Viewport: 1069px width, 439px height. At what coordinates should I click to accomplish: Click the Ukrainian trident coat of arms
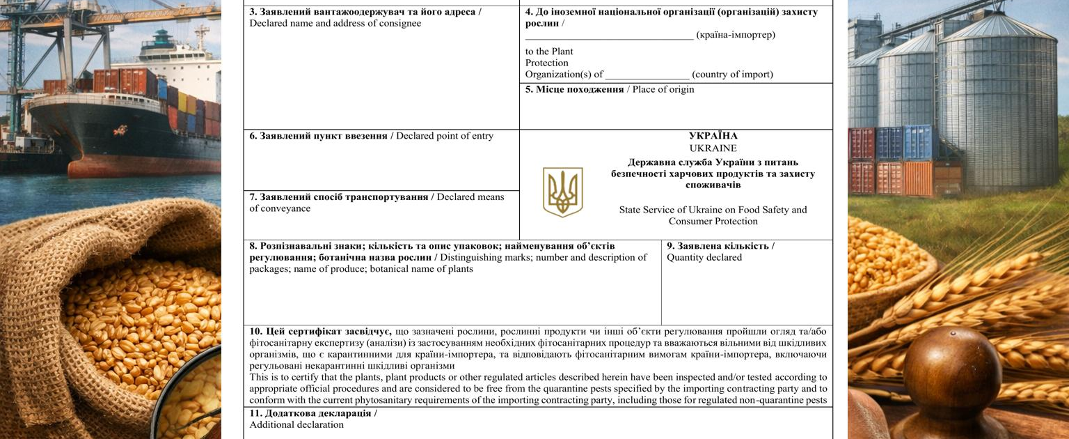click(562, 192)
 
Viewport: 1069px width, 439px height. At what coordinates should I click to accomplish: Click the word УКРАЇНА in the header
click(713, 136)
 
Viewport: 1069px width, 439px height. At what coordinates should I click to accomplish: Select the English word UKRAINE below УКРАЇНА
click(713, 148)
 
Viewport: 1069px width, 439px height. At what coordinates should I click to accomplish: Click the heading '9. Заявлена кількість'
click(720, 246)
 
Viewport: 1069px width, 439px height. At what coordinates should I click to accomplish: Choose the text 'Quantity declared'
click(704, 257)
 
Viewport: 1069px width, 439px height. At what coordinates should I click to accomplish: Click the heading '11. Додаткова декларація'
click(313, 413)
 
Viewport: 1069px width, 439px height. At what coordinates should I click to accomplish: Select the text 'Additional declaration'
click(296, 424)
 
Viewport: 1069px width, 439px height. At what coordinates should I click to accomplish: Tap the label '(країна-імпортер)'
click(735, 35)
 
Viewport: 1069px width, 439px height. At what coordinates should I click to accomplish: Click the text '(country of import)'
click(732, 75)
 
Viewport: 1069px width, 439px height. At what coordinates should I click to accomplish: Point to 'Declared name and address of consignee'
click(335, 23)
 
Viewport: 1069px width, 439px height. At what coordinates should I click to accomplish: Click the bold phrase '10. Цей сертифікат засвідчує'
click(320, 332)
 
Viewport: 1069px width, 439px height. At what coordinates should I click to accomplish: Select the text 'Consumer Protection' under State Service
click(713, 221)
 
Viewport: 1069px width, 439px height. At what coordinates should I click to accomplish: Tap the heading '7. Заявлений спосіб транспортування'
click(339, 197)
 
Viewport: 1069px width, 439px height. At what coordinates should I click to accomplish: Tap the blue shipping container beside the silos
click(917, 142)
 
